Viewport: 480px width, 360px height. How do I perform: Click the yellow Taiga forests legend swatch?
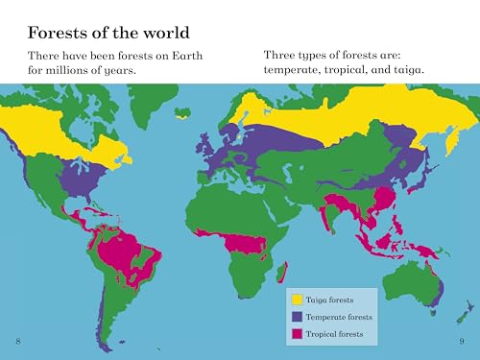click(x=298, y=300)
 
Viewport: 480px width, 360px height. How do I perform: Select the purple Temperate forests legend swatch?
click(x=298, y=316)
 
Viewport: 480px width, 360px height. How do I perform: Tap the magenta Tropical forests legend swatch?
click(x=298, y=333)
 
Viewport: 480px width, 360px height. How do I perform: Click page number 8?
click(x=18, y=343)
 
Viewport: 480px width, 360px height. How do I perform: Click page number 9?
click(x=461, y=343)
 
